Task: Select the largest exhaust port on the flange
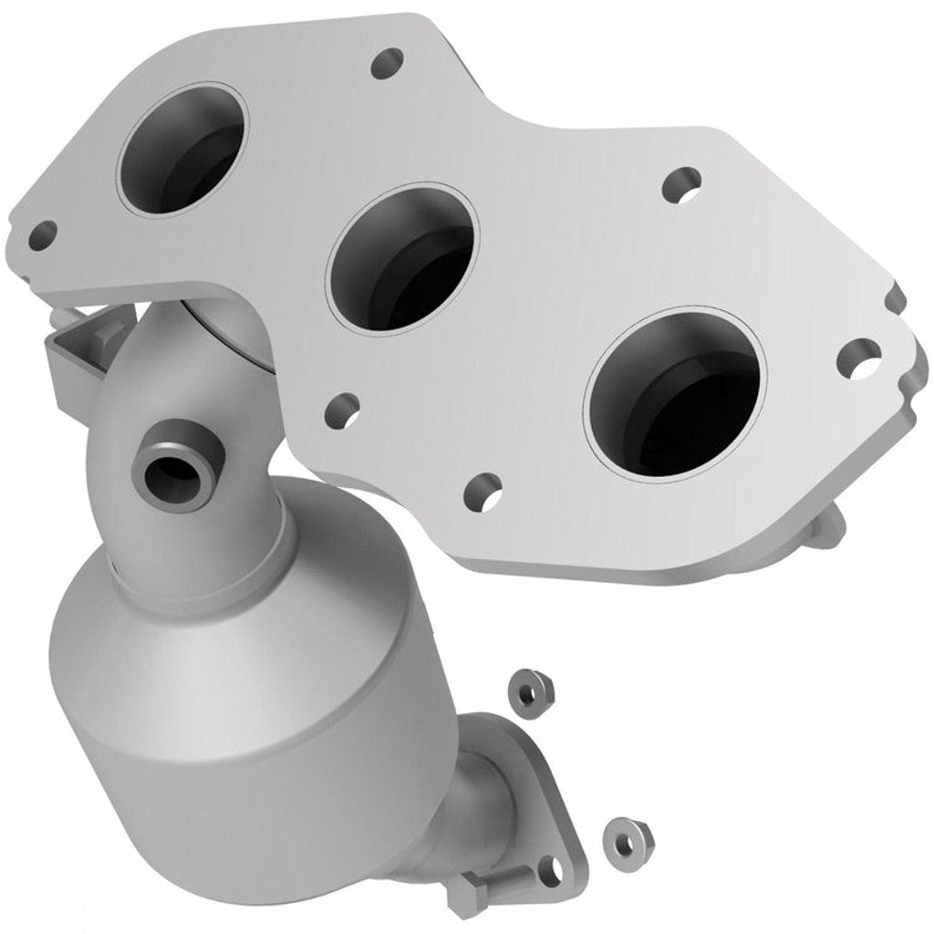tap(676, 393)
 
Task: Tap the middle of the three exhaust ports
tap(402, 259)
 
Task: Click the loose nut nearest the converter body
tap(526, 690)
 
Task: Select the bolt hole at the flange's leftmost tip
tap(41, 236)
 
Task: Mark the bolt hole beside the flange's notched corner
tap(858, 358)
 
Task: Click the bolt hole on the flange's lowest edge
tap(483, 492)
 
